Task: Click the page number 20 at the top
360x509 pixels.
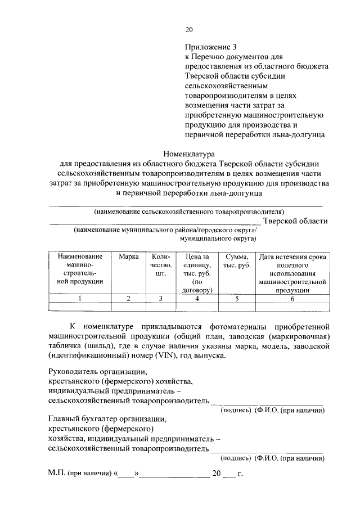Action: (189, 30)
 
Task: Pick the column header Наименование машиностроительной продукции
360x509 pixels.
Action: (80, 269)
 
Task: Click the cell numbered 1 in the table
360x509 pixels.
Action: (80, 299)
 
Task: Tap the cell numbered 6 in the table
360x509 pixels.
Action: (292, 299)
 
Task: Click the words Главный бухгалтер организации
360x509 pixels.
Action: (107, 419)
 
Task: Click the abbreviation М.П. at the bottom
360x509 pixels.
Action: (56, 473)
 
